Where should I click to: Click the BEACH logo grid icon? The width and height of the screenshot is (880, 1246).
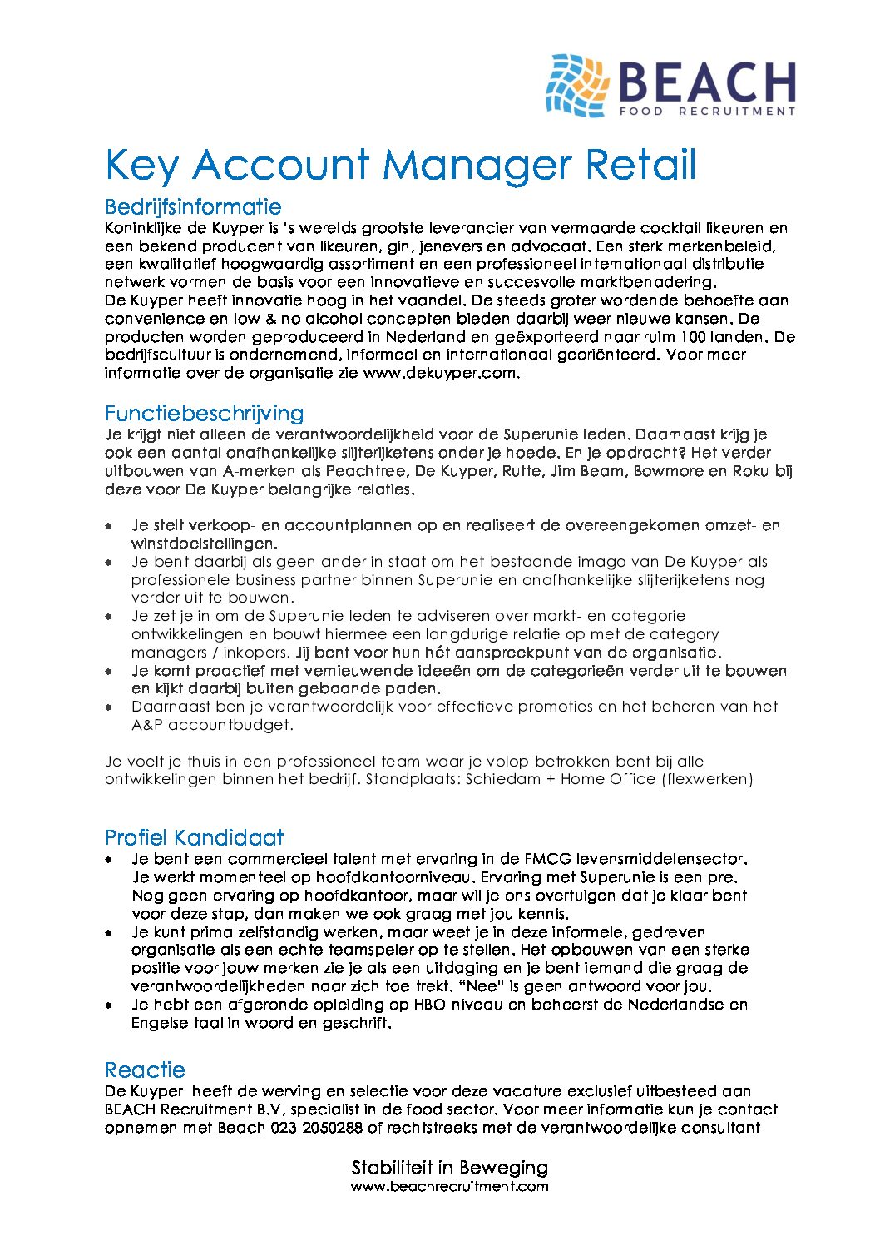(577, 86)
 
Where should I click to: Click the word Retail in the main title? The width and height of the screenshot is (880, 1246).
(640, 165)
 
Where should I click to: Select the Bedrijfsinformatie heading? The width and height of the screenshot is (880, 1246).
(193, 206)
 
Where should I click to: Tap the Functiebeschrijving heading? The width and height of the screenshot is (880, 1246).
(204, 413)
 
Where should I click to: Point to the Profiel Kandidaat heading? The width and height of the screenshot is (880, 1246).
(194, 837)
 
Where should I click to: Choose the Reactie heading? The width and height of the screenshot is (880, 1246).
(145, 1070)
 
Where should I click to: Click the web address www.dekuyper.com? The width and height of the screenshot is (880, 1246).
(441, 373)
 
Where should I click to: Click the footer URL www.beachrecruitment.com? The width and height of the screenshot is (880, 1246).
(449, 1186)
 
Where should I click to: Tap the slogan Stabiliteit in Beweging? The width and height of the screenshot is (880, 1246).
(449, 1167)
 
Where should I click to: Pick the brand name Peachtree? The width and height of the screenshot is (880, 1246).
(365, 471)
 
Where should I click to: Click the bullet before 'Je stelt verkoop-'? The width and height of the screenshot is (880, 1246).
(108, 526)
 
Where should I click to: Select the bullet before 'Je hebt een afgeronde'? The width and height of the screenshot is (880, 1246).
(108, 1005)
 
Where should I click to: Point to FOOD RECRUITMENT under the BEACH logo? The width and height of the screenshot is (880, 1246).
(707, 111)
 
